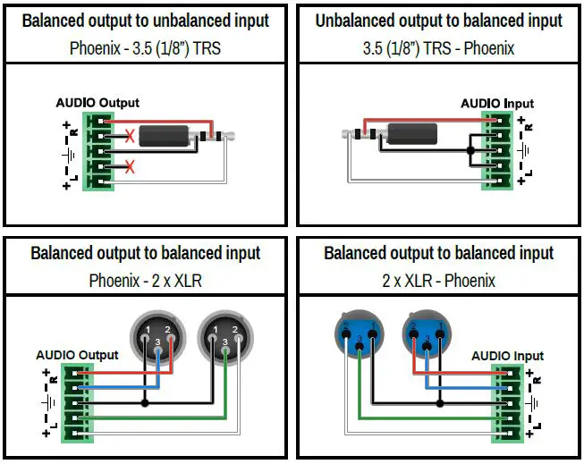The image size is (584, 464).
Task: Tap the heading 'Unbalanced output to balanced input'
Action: [x=438, y=21]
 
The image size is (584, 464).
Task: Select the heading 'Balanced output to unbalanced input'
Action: [x=146, y=21]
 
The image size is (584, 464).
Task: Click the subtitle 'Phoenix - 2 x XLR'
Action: [x=146, y=281]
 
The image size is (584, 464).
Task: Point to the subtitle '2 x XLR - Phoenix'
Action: [x=438, y=281]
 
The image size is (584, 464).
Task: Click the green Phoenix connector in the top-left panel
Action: [x=98, y=150]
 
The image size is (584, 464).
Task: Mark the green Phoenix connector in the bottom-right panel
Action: [x=512, y=402]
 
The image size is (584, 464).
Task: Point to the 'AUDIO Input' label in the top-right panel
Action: [x=496, y=104]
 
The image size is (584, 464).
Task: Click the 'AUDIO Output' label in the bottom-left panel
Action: [x=77, y=355]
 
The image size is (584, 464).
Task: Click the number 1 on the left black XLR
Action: [x=145, y=331]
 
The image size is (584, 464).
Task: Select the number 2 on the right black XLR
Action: [x=234, y=331]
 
